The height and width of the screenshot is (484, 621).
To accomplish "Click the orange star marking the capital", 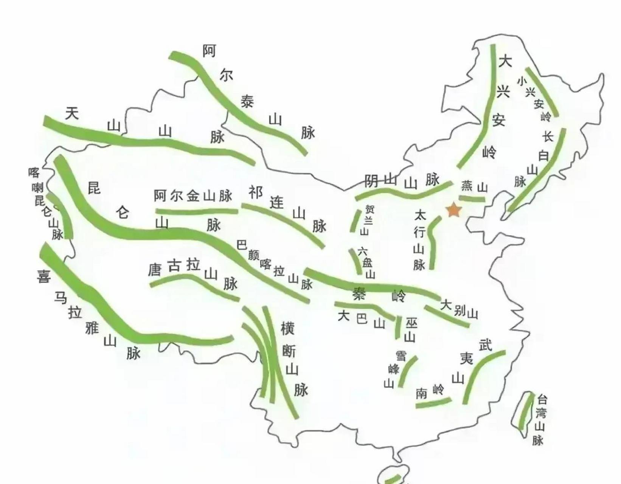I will coord(453,210).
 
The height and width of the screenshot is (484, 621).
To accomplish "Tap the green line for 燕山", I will coord(472,199).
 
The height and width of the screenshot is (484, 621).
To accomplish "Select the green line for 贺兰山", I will coord(354,221).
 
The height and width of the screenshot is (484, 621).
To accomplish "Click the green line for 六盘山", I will coord(356,261).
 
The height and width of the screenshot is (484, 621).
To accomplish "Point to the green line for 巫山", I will coord(398,327).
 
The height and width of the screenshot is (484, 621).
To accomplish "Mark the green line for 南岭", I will coord(433,403).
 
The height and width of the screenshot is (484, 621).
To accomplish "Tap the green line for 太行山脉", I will coord(432,242).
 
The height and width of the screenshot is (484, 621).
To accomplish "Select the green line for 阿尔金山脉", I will coord(197,211).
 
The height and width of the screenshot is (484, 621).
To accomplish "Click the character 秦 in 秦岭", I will coord(359,294).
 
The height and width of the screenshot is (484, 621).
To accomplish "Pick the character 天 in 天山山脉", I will coord(72,113).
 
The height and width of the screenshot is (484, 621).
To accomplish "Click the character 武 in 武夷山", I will coord(486,345).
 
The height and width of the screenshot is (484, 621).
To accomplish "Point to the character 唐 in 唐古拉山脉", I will coord(154,270).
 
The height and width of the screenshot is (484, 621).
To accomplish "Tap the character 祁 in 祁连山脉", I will coord(255,192).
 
